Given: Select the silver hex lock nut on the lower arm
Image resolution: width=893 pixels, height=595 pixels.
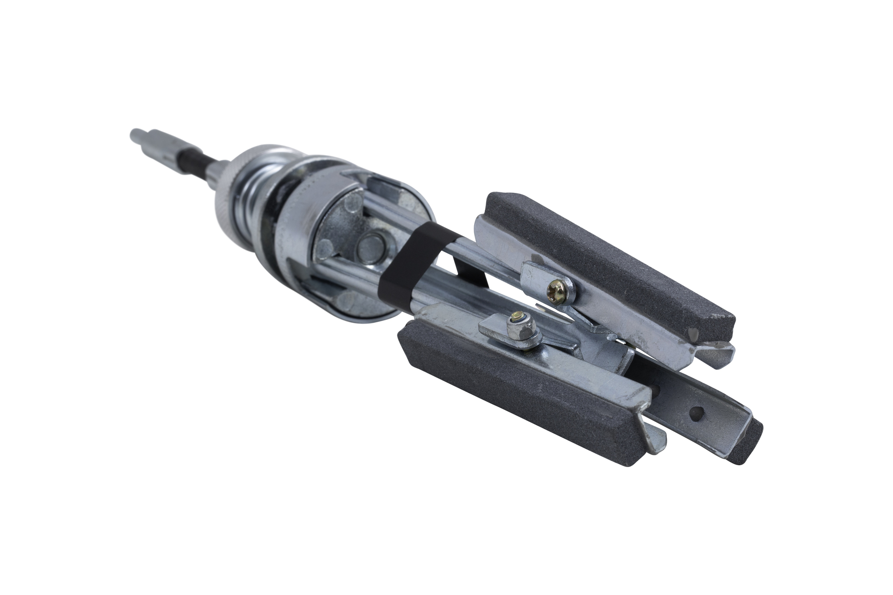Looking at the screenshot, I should (x=519, y=329).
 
